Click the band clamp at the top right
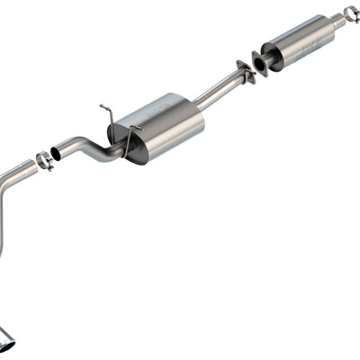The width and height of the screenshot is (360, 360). click(349, 13)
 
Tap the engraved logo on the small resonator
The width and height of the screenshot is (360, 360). click(310, 41)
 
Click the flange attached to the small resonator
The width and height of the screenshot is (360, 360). click(260, 62)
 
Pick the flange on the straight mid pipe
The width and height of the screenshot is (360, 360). click(244, 71)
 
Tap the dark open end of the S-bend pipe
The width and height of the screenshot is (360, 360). click(57, 154)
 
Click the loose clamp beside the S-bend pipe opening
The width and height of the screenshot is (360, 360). click(43, 161)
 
